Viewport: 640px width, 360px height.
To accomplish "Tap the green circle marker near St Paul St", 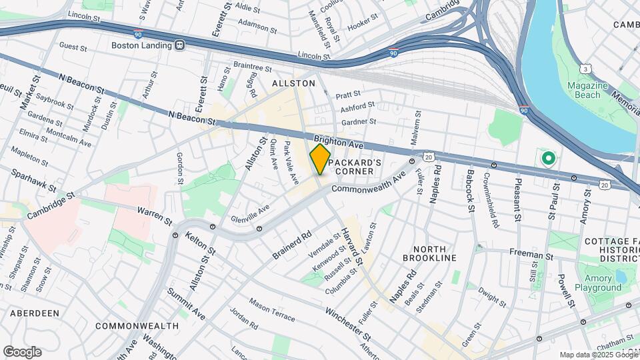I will (x=549, y=159).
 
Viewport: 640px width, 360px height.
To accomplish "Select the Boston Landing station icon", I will (x=179, y=45).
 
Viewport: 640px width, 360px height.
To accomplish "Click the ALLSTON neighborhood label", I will (x=293, y=83).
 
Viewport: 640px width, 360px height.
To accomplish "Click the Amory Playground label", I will (x=599, y=283).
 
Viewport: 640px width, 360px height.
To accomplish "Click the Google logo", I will (x=22, y=352).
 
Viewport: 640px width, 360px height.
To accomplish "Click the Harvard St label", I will (x=352, y=247).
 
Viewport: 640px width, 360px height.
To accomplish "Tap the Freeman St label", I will (x=531, y=255).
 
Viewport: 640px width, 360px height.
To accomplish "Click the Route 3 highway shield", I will (x=585, y=69).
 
